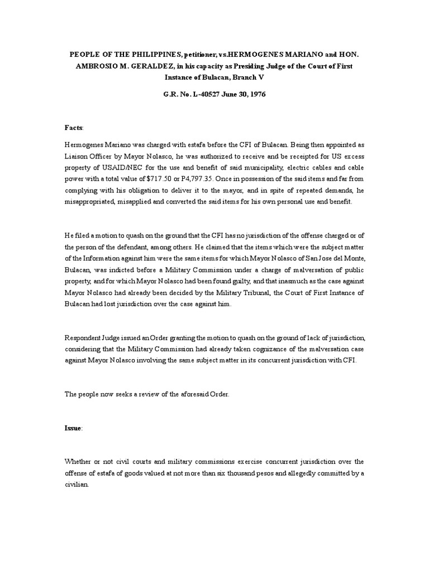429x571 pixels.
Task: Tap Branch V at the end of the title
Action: pyautogui.click(x=238, y=78)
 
